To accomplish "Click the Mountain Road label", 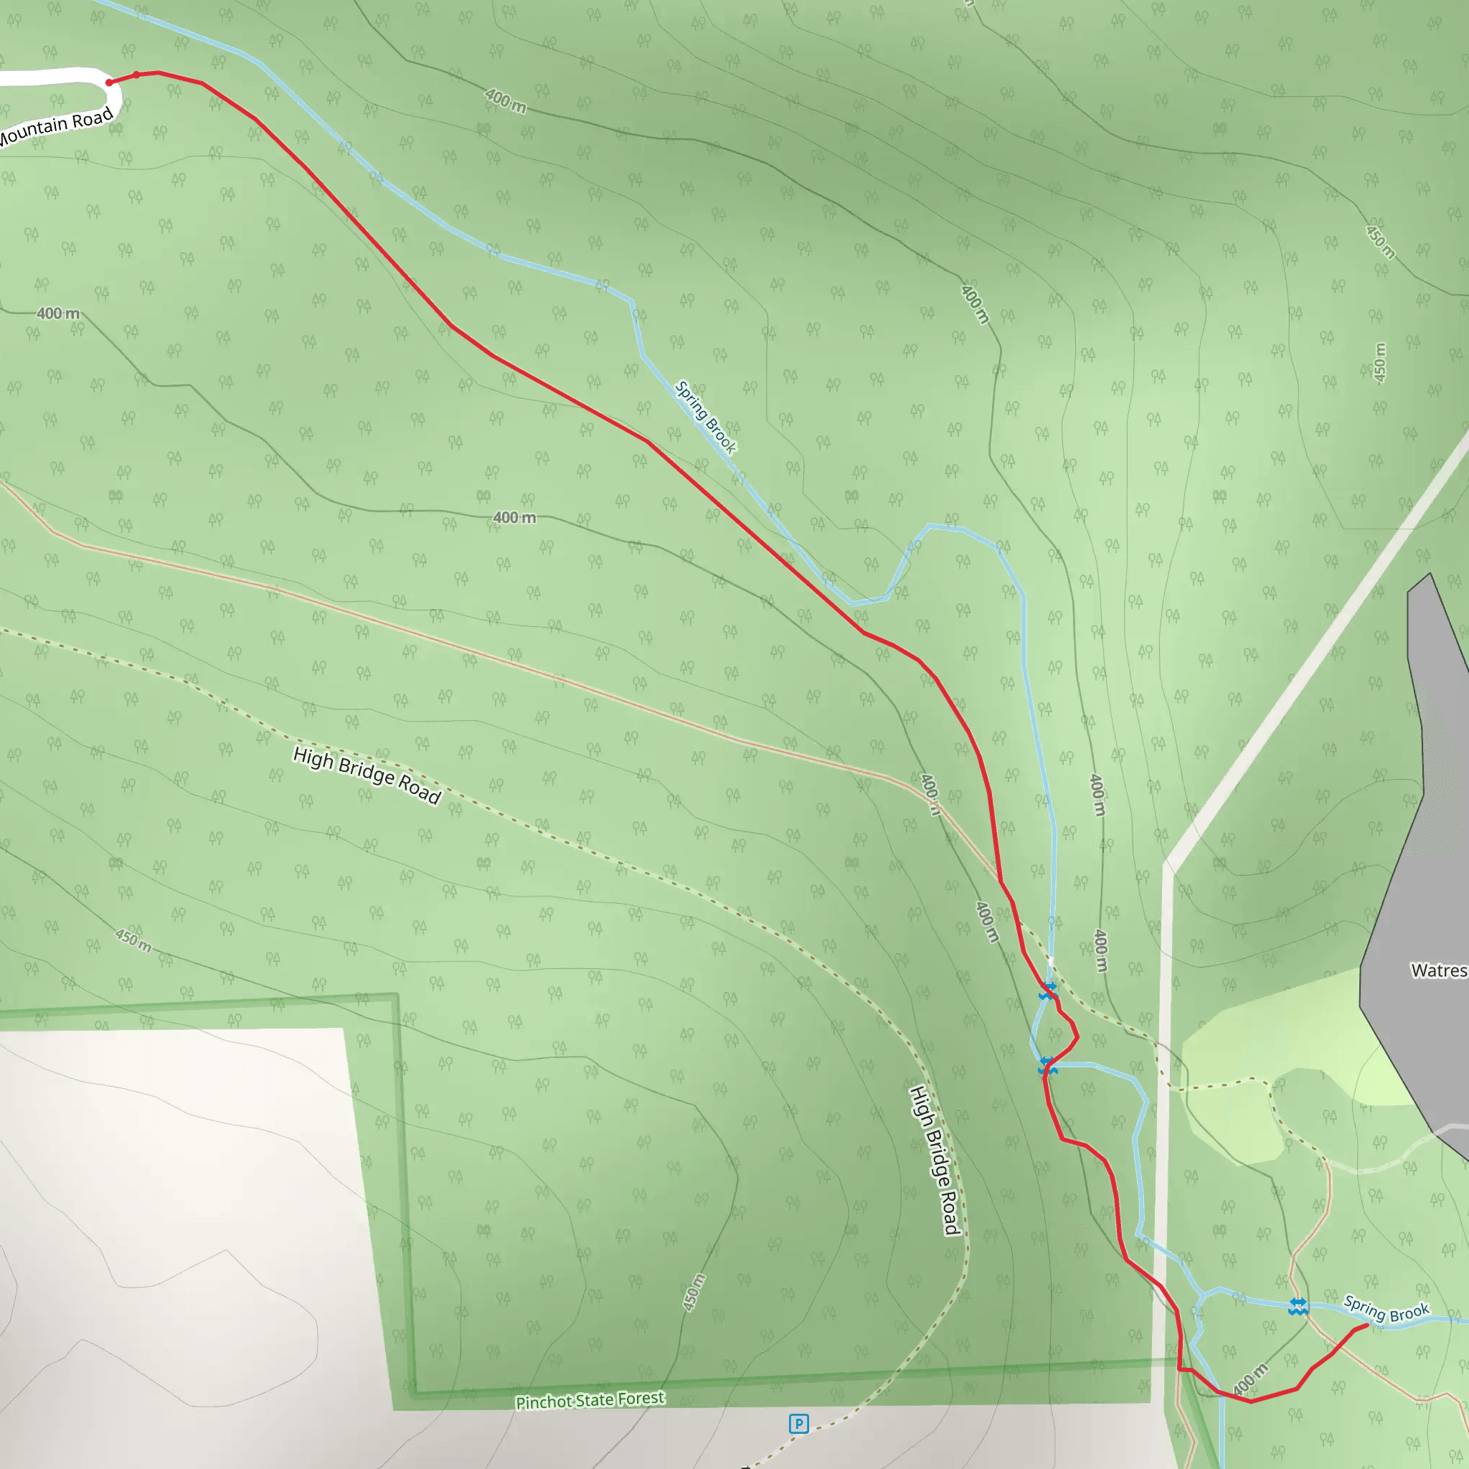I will (58, 127).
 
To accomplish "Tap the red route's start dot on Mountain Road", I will (110, 82).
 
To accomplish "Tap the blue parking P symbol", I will (798, 1423).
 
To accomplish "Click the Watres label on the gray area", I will (1439, 971).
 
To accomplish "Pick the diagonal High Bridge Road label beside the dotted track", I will (367, 774).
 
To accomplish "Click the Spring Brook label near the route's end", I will (1386, 1309).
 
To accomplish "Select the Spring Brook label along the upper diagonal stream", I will (706, 417).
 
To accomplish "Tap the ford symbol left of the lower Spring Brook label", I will (1298, 1307).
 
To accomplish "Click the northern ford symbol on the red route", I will (1049, 990).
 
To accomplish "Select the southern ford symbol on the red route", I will (1048, 1067).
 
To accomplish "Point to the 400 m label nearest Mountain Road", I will (58, 313).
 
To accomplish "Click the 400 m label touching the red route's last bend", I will (1251, 1379).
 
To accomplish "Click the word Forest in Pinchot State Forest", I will (641, 1398).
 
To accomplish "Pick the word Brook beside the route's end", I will (1409, 1313).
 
